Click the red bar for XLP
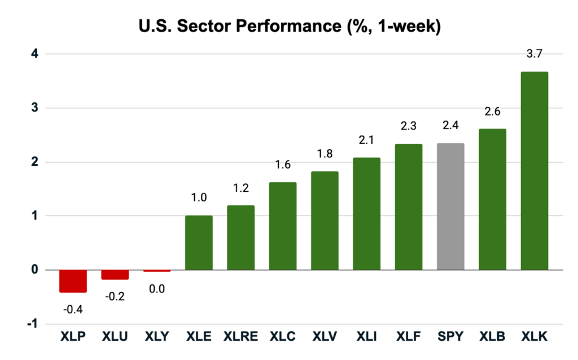[73, 280]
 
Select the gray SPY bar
[450, 207]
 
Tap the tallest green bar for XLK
[534, 170]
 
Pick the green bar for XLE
[199, 243]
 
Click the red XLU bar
[115, 274]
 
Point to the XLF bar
[409, 207]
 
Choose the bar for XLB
[492, 199]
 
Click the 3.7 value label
[534, 54]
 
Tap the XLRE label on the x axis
[240, 337]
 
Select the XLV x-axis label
[325, 337]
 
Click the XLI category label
[367, 337]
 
